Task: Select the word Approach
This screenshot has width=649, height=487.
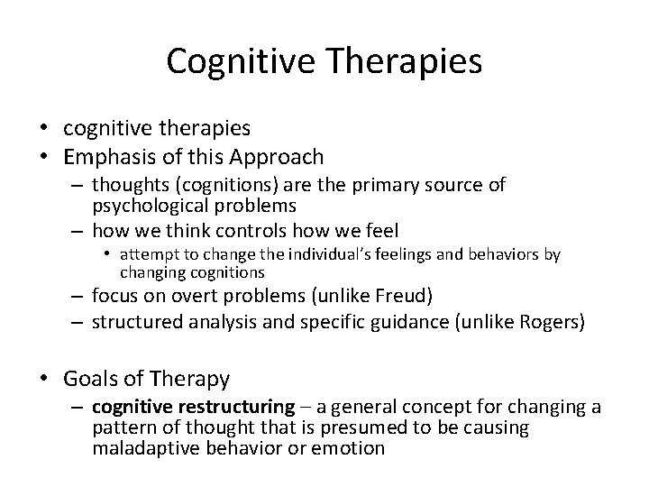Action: point(277,157)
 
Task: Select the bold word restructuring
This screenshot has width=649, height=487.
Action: point(242,407)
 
